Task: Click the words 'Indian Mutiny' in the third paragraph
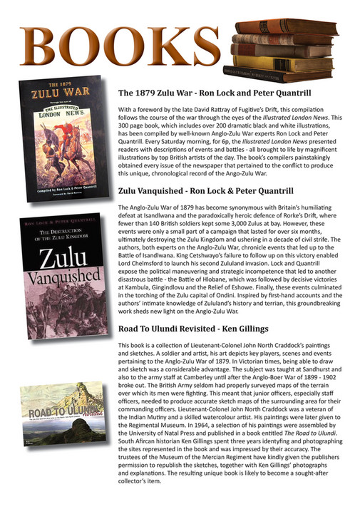coord(150,423)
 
